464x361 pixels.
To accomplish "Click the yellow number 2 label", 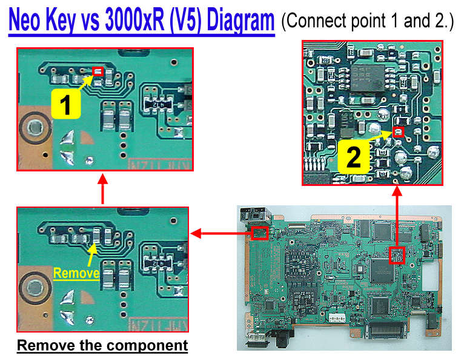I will click(354, 157).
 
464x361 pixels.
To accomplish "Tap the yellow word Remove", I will click(76, 273).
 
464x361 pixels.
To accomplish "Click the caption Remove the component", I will click(102, 346).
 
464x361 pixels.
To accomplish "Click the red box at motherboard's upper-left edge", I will click(260, 232).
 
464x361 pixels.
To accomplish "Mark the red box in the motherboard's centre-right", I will click(396, 255).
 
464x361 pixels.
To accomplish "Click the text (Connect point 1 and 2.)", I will click(367, 22).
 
